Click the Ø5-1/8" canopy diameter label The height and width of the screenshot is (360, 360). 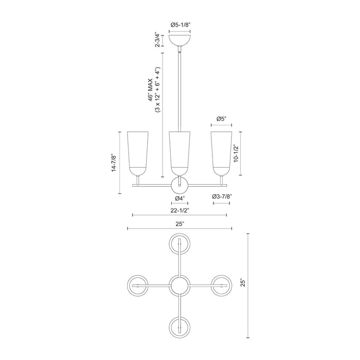pos(179,24)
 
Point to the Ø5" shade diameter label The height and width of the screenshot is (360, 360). pos(222,119)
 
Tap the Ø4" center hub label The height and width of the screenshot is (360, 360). pos(179,199)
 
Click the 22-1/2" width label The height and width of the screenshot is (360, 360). pos(179,210)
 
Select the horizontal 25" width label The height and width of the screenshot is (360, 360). pos(179,224)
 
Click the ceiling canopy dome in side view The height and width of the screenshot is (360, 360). pos(179,40)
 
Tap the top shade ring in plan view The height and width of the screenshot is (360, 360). pos(179,243)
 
